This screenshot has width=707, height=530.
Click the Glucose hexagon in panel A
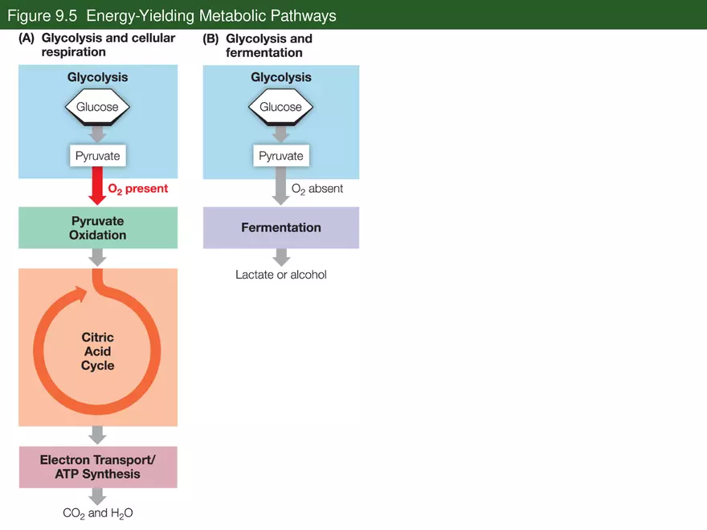pos(97,107)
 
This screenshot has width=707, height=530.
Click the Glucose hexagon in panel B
pos(280,107)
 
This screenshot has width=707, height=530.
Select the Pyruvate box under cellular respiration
pos(97,156)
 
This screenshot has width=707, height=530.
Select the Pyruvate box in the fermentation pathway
pos(280,156)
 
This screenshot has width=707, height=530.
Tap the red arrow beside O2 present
pos(97,185)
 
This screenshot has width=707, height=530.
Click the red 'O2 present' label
pos(137,189)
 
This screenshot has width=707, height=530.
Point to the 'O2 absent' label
pos(317,189)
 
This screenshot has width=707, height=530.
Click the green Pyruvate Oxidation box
pos(97,227)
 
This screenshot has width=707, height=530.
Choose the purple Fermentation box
pos(280,227)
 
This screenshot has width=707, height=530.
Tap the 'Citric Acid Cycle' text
pos(97,352)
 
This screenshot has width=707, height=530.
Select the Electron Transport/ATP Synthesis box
pos(97,467)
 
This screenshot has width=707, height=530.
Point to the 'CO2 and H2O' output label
pos(97,513)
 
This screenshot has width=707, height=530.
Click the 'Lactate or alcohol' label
pos(280,275)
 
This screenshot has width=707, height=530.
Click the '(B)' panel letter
pos(210,39)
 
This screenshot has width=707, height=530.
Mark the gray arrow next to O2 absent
pos(280,190)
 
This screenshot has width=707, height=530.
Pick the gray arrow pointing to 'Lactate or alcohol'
pos(280,257)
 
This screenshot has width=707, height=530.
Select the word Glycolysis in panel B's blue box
pos(280,78)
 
